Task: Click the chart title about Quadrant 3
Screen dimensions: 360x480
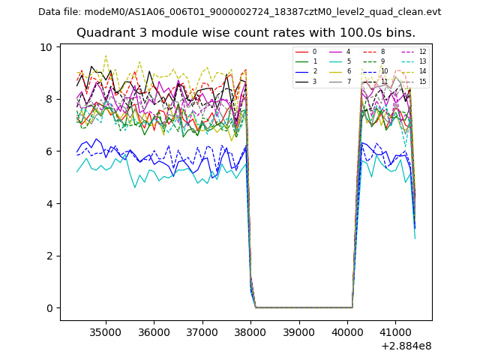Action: tap(245, 33)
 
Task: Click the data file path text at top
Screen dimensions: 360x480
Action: tap(239, 12)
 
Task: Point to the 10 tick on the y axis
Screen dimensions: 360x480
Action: tap(46, 47)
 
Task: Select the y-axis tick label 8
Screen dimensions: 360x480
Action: tap(49, 99)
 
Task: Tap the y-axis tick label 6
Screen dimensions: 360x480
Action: tap(49, 151)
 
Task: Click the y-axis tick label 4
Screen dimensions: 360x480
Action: tap(49, 203)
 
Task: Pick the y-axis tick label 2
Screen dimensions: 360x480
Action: tap(49, 256)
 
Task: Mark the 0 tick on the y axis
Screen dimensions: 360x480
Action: tap(49, 308)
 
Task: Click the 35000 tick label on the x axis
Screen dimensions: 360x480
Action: tap(105, 331)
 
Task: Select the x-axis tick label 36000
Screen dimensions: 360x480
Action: tap(154, 331)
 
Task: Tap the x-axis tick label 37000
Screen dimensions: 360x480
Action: tap(202, 331)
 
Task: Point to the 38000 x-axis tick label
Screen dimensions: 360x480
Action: tap(250, 331)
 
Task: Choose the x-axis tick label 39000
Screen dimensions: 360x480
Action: tap(299, 331)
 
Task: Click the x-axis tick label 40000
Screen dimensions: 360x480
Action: tap(348, 331)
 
